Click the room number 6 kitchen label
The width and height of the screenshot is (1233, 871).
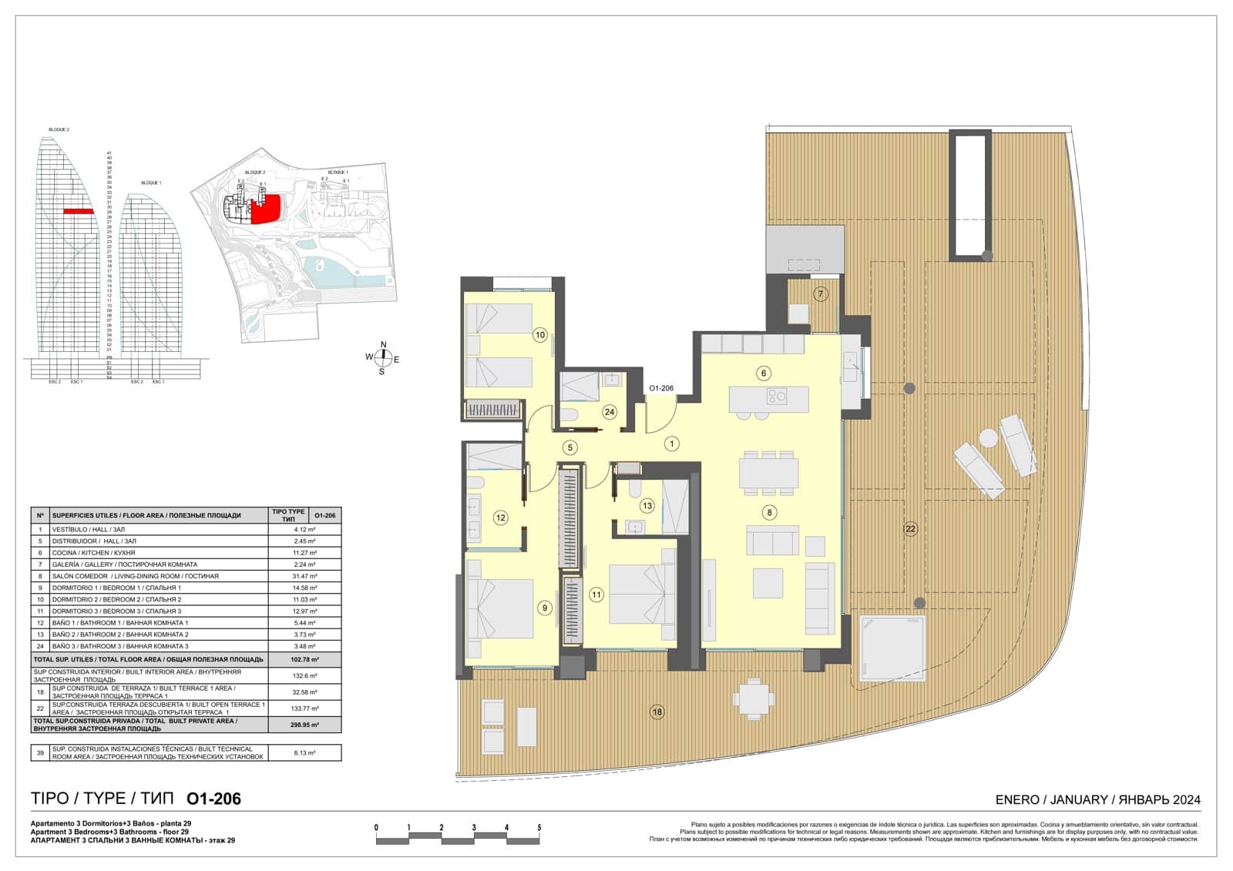(x=763, y=374)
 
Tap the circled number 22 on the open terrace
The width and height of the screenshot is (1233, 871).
(x=910, y=528)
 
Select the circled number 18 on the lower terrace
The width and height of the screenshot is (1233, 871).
(x=656, y=712)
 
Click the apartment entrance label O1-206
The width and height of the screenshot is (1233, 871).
(x=661, y=389)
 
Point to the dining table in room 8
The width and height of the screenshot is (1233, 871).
(x=768, y=472)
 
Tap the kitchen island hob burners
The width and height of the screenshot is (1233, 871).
(x=777, y=397)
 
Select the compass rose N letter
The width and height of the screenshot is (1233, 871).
(x=384, y=345)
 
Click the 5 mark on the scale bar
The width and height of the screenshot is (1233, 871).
(x=539, y=828)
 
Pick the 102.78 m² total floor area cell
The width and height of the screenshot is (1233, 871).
(x=304, y=660)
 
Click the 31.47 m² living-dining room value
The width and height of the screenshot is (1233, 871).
(x=304, y=576)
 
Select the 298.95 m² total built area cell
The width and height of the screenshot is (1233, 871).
(x=304, y=725)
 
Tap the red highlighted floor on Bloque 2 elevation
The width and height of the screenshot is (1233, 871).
(x=79, y=211)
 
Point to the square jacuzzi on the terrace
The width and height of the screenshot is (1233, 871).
(x=892, y=648)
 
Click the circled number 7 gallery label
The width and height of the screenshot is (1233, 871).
(x=821, y=294)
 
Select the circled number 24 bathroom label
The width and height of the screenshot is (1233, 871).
(x=609, y=412)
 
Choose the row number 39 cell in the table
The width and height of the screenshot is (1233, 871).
(x=40, y=752)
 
